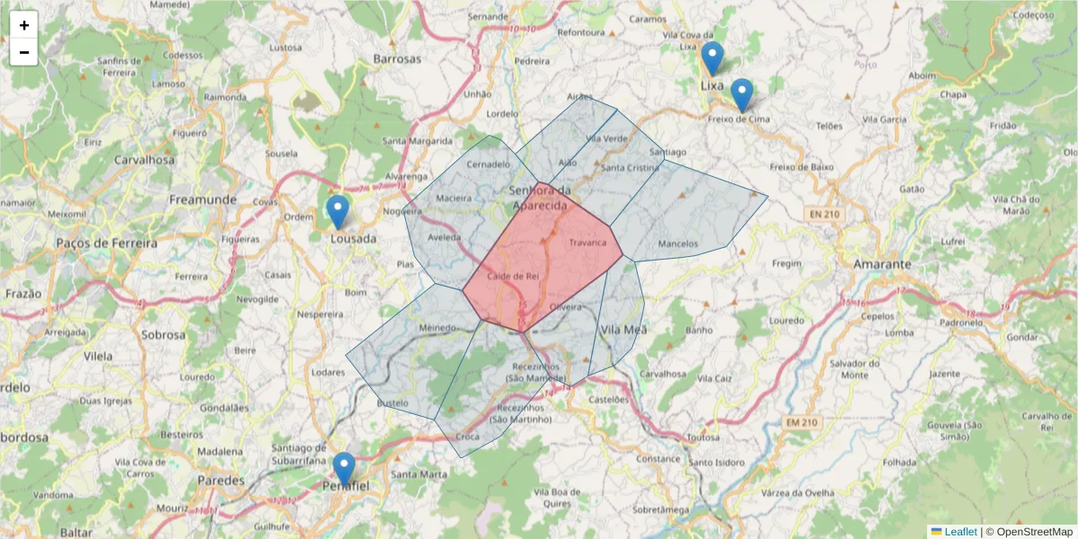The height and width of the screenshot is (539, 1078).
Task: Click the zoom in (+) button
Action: [24, 25]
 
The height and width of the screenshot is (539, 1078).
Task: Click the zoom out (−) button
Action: [24, 52]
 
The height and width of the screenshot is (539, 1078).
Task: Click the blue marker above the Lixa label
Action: [712, 58]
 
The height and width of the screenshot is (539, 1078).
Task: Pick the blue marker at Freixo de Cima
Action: [742, 95]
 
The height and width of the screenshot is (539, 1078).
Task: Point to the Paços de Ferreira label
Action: [106, 243]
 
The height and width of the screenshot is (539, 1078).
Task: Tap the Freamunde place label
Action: [203, 199]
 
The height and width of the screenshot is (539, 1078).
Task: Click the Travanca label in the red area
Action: [588, 243]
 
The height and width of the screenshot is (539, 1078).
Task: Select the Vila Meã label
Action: [623, 330]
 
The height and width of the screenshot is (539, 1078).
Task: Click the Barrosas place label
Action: [397, 58]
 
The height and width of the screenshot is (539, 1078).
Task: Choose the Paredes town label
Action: [221, 481]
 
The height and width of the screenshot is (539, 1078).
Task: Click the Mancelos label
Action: [677, 243]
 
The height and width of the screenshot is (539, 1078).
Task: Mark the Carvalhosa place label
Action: [146, 160]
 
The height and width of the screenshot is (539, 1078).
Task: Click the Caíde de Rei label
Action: [512, 276]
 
